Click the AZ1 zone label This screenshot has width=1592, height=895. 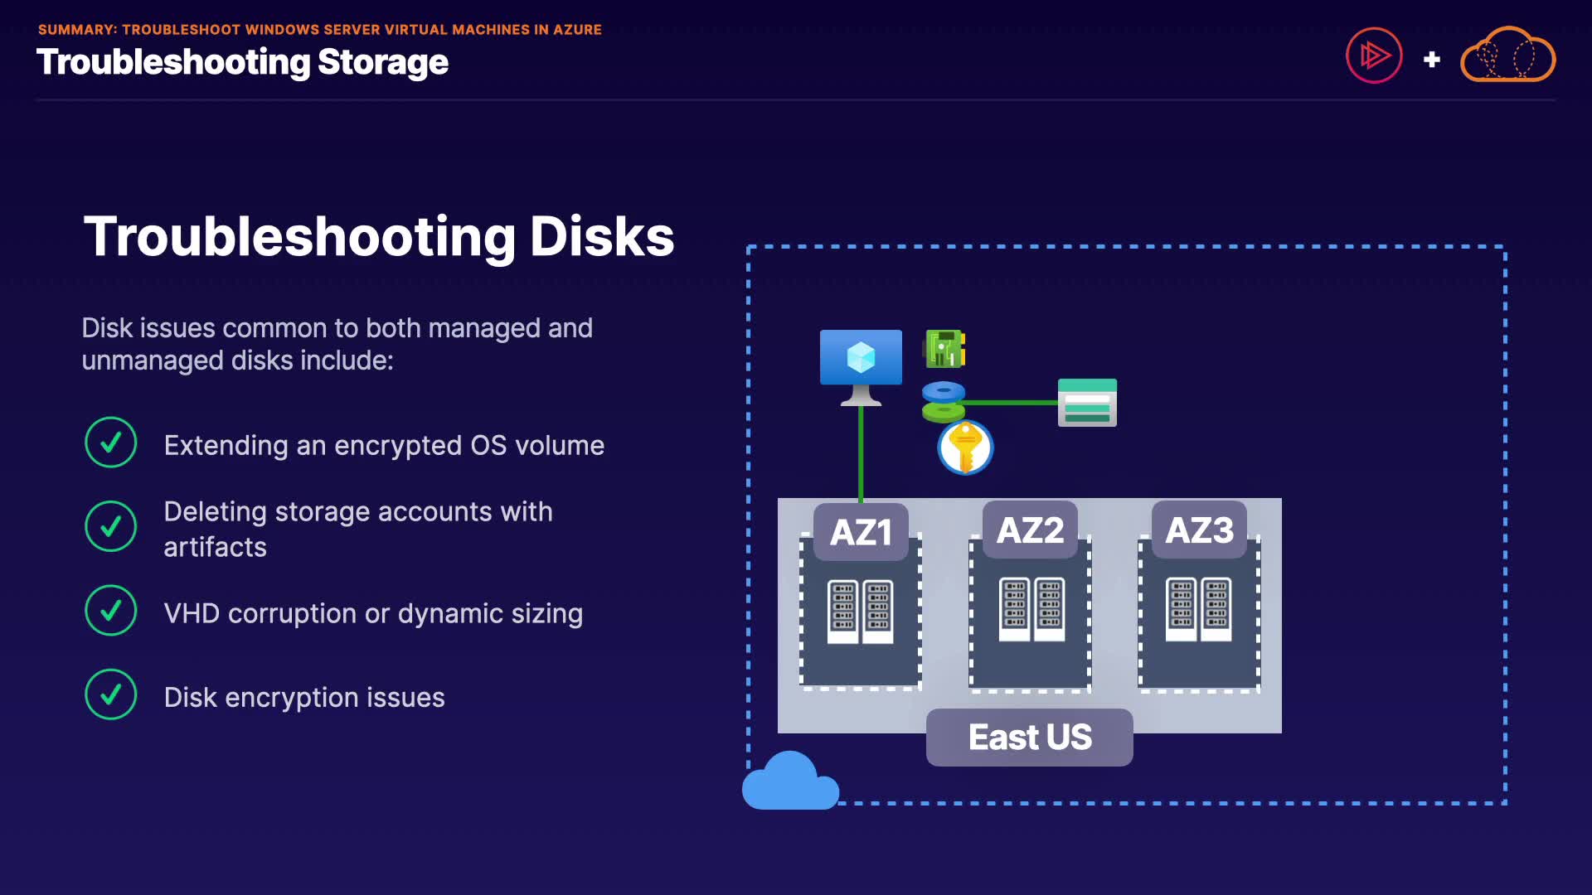pyautogui.click(x=861, y=532)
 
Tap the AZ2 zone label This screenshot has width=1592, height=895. pyautogui.click(x=1030, y=530)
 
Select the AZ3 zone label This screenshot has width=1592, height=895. pyautogui.click(x=1199, y=530)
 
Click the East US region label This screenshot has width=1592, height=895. pyautogui.click(x=1030, y=737)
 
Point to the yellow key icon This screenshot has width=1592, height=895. pyautogui.click(x=965, y=447)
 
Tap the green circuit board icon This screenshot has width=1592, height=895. pyautogui.click(x=944, y=349)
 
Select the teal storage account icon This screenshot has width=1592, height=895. pyautogui.click(x=1087, y=403)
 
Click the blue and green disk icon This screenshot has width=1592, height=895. pyautogui.click(x=944, y=401)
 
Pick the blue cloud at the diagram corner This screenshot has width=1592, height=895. pyautogui.click(x=790, y=783)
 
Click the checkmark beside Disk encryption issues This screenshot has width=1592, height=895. pyautogui.click(x=110, y=694)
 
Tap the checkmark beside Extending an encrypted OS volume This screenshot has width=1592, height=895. pyautogui.click(x=110, y=443)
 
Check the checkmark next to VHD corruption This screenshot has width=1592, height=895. pyautogui.click(x=110, y=611)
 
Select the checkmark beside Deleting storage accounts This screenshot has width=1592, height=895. pyautogui.click(x=110, y=526)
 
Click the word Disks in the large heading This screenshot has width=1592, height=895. pyautogui.click(x=602, y=237)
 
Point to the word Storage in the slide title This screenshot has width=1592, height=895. pyautogui.click(x=383, y=62)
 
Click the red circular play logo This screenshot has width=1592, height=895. pyautogui.click(x=1374, y=56)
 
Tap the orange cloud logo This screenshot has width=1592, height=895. pyautogui.click(x=1507, y=56)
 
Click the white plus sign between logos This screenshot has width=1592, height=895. pyautogui.click(x=1431, y=60)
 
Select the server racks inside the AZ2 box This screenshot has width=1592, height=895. pyautogui.click(x=1031, y=610)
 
